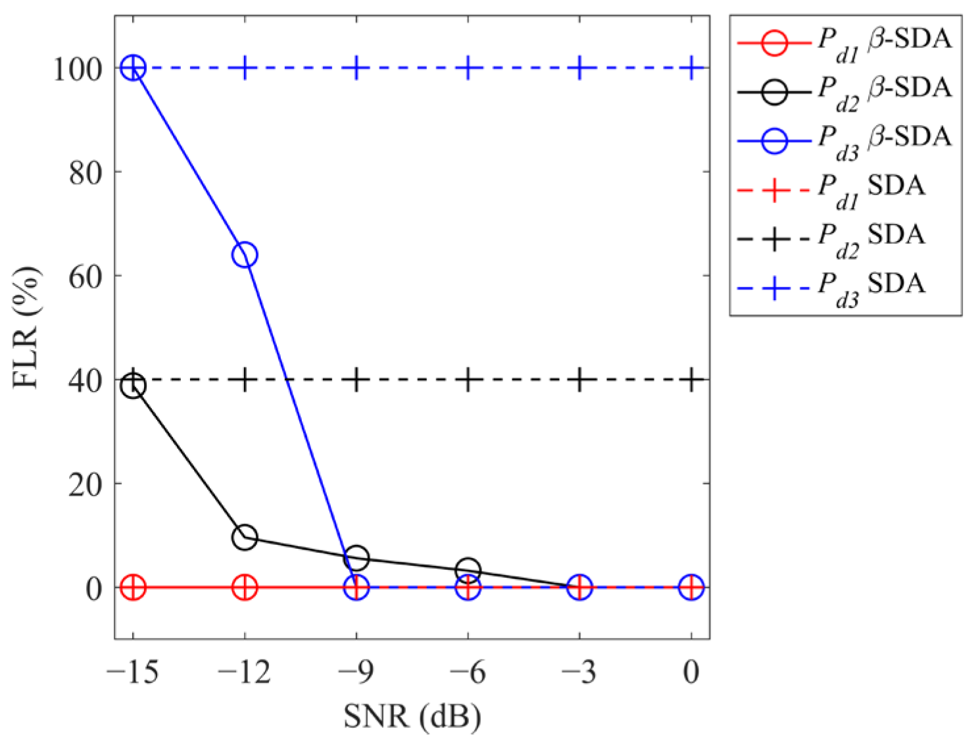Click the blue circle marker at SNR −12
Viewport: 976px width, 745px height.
click(245, 255)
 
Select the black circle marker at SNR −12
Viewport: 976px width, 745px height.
click(245, 537)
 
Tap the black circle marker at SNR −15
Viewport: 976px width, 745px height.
click(134, 386)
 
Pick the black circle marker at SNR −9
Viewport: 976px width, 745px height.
click(356, 558)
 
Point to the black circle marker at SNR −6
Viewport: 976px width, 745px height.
click(468, 570)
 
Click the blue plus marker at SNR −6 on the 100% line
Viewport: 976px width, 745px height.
click(468, 68)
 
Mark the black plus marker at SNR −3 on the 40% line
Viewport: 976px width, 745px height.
click(579, 380)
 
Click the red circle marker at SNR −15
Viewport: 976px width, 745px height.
click(134, 586)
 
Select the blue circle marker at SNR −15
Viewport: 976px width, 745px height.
click(134, 68)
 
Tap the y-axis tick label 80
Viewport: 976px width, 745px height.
click(86, 172)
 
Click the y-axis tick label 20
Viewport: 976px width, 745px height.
click(86, 484)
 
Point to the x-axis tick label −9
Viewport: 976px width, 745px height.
click(356, 673)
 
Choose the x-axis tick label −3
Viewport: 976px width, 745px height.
click(579, 673)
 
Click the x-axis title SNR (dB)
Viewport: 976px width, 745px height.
click(412, 716)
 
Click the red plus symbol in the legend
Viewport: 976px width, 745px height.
click(775, 190)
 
